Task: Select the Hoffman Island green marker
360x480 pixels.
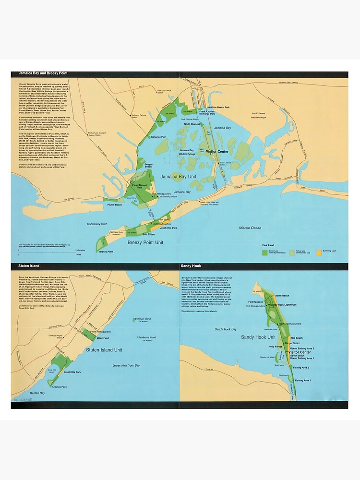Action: click(132, 319)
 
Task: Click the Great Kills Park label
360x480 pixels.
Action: click(72, 372)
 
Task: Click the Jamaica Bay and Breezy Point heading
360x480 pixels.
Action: click(41, 73)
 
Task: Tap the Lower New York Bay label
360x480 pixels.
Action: click(126, 365)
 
